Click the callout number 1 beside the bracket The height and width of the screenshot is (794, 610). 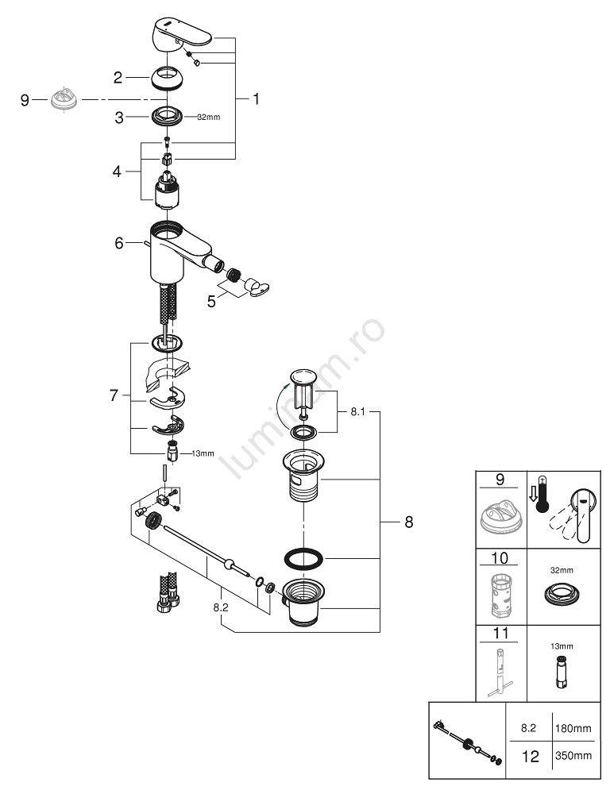click(256, 99)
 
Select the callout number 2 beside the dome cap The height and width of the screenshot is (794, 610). click(118, 78)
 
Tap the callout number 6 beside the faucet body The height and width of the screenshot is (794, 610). click(119, 243)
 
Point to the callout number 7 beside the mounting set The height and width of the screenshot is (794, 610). click(114, 395)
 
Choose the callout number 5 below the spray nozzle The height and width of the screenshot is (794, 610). click(211, 302)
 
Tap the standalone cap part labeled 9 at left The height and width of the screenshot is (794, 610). click(61, 100)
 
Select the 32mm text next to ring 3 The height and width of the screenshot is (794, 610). click(207, 117)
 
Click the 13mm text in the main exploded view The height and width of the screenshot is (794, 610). click(203, 454)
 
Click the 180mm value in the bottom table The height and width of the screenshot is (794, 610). click(571, 727)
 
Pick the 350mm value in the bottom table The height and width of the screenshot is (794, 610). click(571, 757)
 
